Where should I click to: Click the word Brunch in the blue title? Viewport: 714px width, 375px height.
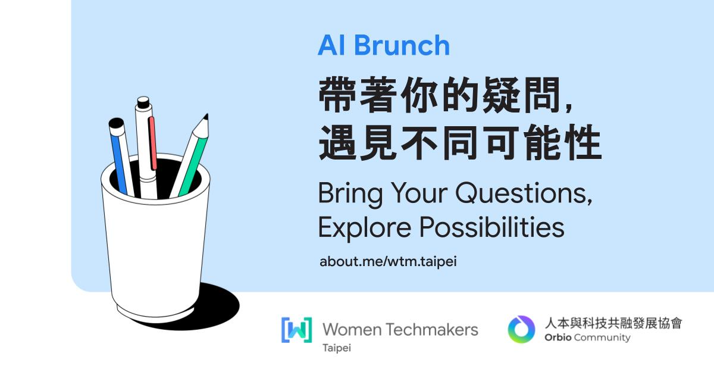(x=402, y=45)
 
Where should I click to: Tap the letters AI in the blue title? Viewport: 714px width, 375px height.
(x=331, y=45)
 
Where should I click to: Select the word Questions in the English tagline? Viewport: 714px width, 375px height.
(x=524, y=193)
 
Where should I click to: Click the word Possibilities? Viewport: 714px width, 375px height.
(x=492, y=227)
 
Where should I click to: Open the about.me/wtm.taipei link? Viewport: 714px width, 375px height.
(x=388, y=261)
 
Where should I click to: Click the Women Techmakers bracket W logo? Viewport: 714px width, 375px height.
(x=296, y=330)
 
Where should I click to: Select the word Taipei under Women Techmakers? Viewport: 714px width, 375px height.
(x=337, y=348)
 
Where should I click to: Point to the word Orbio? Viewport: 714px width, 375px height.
(x=558, y=337)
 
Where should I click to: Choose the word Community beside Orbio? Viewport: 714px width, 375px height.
(x=602, y=338)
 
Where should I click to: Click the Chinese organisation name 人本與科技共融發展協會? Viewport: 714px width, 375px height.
(x=613, y=323)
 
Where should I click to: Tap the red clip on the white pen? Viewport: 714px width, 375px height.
(x=153, y=143)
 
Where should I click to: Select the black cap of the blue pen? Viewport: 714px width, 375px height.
(x=116, y=123)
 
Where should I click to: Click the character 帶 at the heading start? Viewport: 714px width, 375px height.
(x=337, y=95)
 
